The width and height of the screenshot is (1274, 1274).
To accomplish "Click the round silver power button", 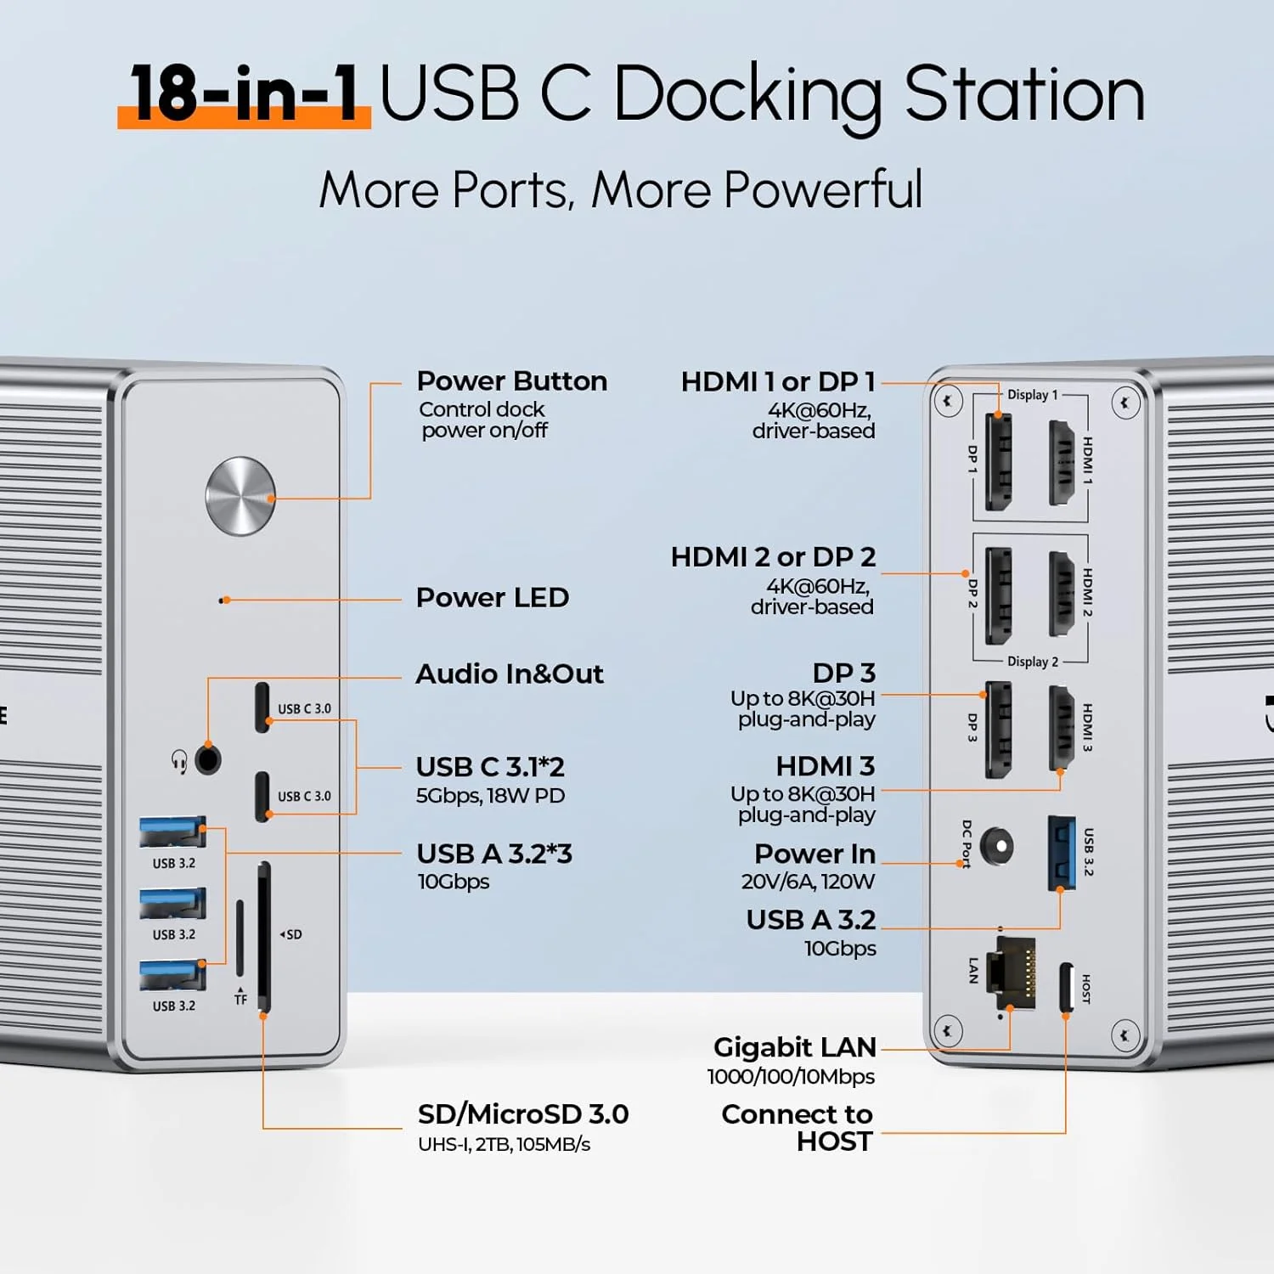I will click(x=240, y=496).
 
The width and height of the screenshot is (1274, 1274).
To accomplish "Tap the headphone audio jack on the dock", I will click(x=208, y=758).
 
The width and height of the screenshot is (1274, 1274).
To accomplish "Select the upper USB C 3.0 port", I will click(x=262, y=707).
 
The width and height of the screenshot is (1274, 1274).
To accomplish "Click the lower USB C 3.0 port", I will click(x=262, y=796).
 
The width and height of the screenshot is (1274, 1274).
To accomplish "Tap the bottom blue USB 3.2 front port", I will click(x=172, y=975).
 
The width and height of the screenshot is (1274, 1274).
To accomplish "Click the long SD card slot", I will click(x=264, y=936).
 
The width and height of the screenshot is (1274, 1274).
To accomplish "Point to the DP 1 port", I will click(x=998, y=461).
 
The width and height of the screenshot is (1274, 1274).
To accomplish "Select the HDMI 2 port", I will click(x=1062, y=593).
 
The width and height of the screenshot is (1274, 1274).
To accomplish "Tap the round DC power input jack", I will click(x=996, y=846).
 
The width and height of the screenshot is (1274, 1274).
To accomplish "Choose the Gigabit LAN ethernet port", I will click(x=1016, y=972).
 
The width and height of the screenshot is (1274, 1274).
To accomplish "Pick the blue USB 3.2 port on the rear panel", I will click(x=1062, y=852).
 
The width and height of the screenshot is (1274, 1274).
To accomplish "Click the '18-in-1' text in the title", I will click(x=245, y=93).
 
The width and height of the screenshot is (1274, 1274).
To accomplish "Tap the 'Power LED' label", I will click(x=492, y=598).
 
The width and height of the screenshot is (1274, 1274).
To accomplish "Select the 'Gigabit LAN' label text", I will click(x=794, y=1047).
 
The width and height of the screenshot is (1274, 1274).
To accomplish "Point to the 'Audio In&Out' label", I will click(x=509, y=674).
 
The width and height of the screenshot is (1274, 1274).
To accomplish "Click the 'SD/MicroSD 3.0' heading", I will click(x=522, y=1114).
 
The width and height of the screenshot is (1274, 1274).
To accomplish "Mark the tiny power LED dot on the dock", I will click(x=223, y=600).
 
